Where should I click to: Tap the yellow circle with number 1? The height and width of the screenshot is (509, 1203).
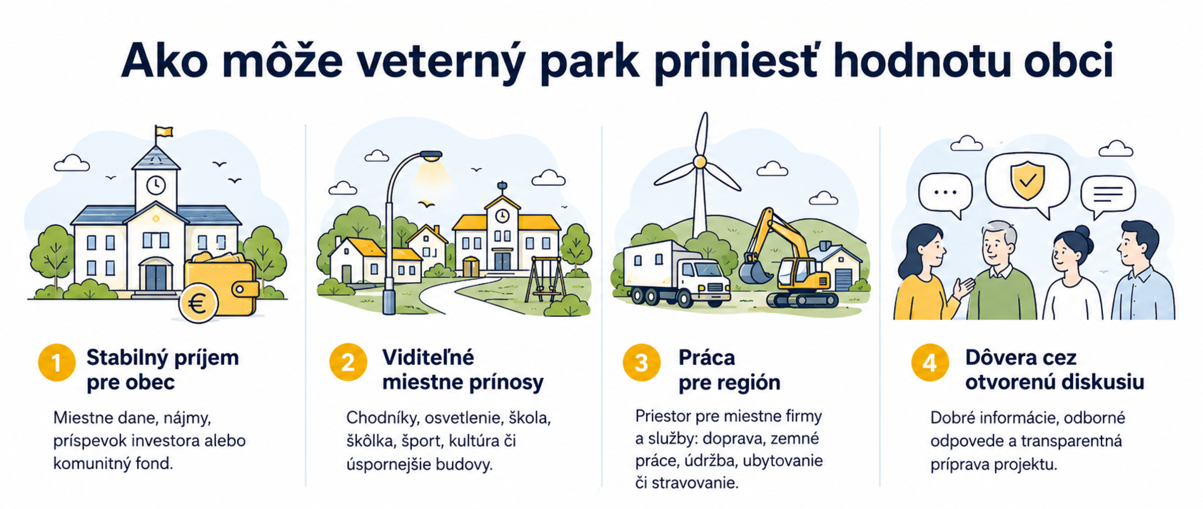click(x=57, y=362)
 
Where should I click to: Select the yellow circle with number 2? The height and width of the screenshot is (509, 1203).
click(x=348, y=362)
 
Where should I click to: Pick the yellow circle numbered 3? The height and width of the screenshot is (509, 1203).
click(x=642, y=362)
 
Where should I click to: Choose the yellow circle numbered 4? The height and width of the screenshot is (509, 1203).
click(x=930, y=362)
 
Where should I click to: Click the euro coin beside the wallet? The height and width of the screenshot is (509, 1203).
click(x=198, y=304)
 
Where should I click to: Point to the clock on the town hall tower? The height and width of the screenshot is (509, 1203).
click(x=156, y=185)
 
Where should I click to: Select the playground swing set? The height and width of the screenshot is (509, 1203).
click(x=544, y=279)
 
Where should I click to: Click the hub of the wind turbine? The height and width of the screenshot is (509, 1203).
click(x=699, y=162)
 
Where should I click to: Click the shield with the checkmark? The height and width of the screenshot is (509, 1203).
click(x=1027, y=180)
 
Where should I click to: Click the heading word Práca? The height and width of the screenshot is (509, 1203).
click(x=707, y=358)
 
